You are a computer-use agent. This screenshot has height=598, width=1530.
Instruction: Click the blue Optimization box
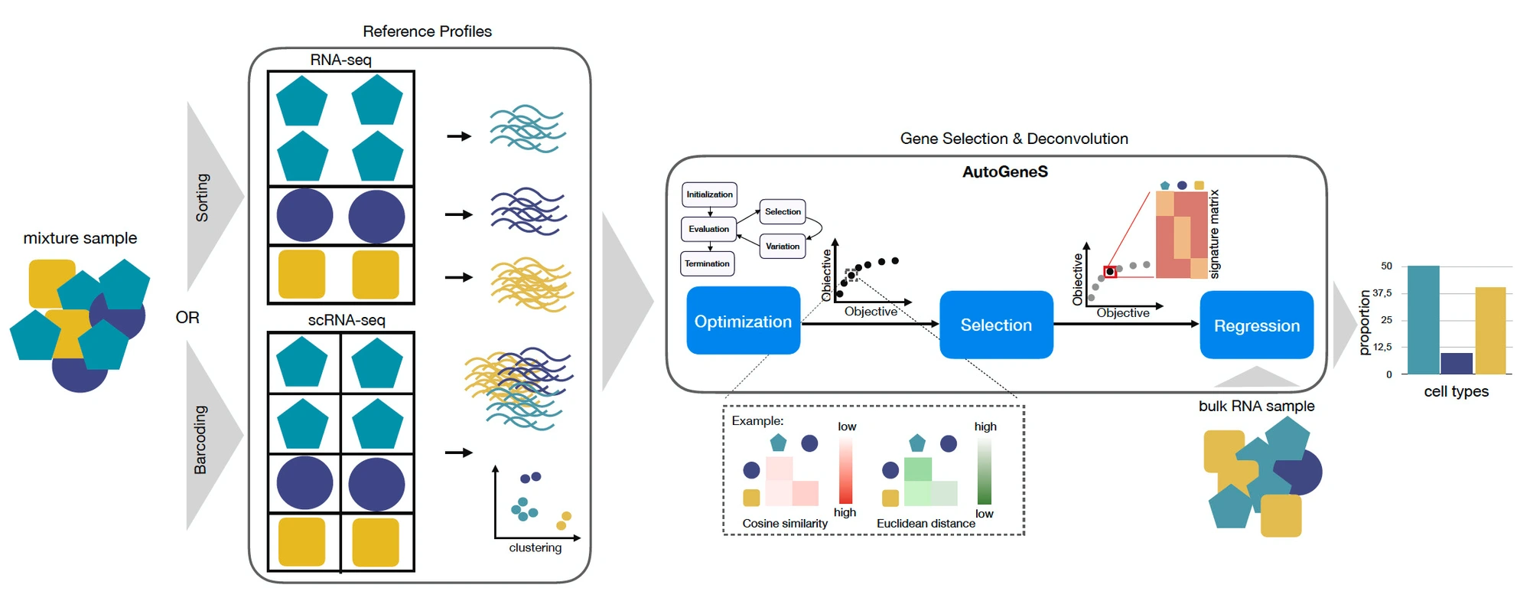tap(743, 321)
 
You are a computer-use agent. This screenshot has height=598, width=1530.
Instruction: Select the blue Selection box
tap(996, 325)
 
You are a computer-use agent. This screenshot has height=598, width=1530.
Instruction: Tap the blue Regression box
tap(1257, 325)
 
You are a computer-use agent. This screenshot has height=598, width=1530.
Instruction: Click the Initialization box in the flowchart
tap(709, 194)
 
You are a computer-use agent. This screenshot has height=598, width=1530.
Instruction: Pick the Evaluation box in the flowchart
tap(708, 229)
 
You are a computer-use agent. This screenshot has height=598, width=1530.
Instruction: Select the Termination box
tap(708, 263)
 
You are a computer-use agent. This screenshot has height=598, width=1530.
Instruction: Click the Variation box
tap(783, 247)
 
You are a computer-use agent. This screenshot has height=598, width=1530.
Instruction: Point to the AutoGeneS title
tap(1004, 172)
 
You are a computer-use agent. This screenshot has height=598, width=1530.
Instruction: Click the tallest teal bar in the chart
tap(1423, 320)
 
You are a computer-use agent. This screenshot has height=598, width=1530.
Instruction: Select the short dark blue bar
tap(1457, 364)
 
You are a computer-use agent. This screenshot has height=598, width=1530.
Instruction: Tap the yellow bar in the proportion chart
tap(1490, 331)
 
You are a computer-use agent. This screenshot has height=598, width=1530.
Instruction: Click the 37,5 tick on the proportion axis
tap(1382, 293)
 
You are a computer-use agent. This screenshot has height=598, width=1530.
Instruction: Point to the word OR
tap(187, 318)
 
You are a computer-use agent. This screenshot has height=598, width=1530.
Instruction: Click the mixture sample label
tap(80, 238)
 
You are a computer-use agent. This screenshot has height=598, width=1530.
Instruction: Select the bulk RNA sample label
tap(1256, 406)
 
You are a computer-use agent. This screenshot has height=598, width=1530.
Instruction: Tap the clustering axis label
tap(535, 547)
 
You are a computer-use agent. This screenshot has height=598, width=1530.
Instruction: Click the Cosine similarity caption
tap(785, 523)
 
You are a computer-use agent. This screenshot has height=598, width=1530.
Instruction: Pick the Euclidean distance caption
tap(926, 523)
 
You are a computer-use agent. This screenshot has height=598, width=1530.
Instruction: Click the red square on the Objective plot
tap(1110, 272)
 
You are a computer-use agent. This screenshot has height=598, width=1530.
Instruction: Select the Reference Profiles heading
tap(427, 31)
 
